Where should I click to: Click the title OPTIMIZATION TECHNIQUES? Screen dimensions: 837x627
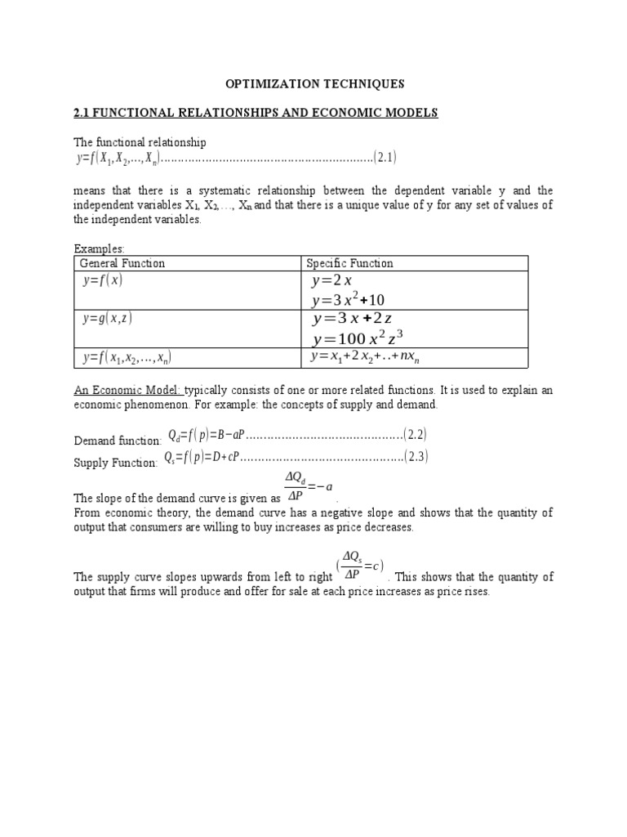coord(314,83)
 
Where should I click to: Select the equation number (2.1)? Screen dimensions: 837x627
coord(385,156)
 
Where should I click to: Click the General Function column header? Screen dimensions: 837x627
coord(122,263)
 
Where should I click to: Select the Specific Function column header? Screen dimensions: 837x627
coord(349,263)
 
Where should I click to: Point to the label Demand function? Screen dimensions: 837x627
coord(118,441)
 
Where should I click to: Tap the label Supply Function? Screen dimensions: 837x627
coord(115,463)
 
